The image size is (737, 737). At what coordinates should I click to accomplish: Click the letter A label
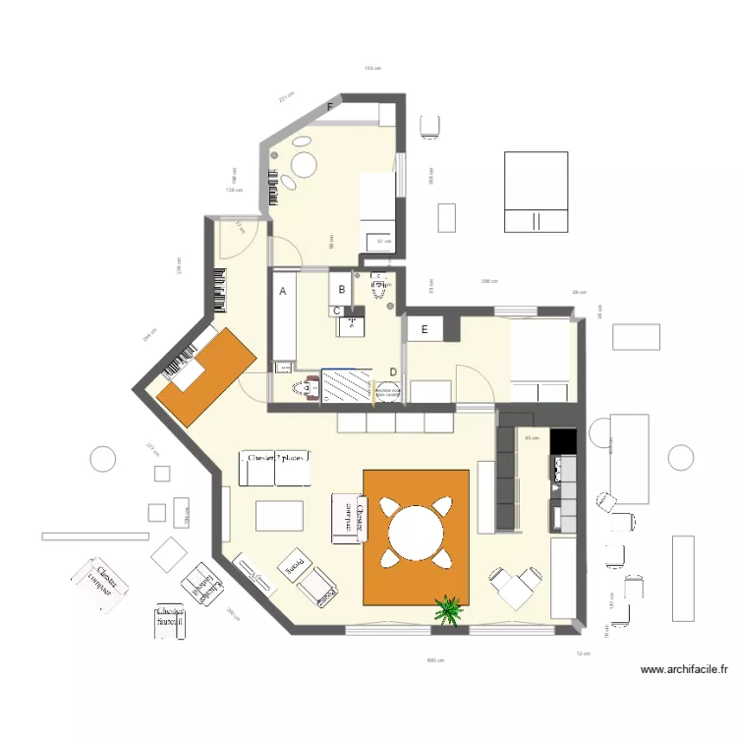(283, 292)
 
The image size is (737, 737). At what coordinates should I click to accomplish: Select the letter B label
(342, 289)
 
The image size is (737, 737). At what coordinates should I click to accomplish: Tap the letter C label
(337, 312)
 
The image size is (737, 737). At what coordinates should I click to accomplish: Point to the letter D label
(393, 371)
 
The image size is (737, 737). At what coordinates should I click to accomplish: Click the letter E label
(425, 330)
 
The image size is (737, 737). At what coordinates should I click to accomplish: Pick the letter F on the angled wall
(331, 105)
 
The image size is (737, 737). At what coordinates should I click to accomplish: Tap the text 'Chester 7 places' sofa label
(276, 458)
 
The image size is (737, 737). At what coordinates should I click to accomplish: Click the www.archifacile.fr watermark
(684, 670)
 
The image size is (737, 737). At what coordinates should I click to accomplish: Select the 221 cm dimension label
(286, 96)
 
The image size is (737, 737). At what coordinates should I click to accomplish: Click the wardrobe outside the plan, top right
(536, 192)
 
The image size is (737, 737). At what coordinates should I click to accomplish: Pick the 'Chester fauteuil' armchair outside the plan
(169, 620)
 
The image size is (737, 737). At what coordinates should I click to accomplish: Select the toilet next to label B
(380, 288)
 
